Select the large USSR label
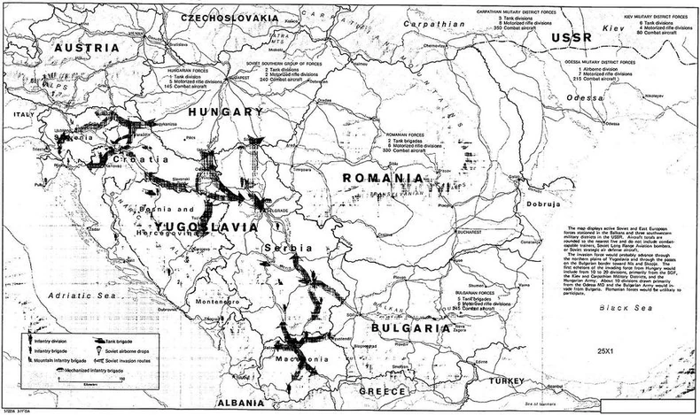tap(564, 39)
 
